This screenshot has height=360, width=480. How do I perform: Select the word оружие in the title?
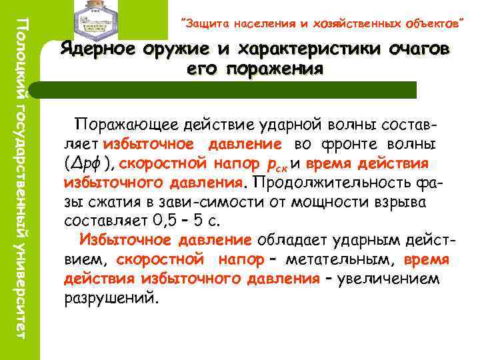[182, 50]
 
